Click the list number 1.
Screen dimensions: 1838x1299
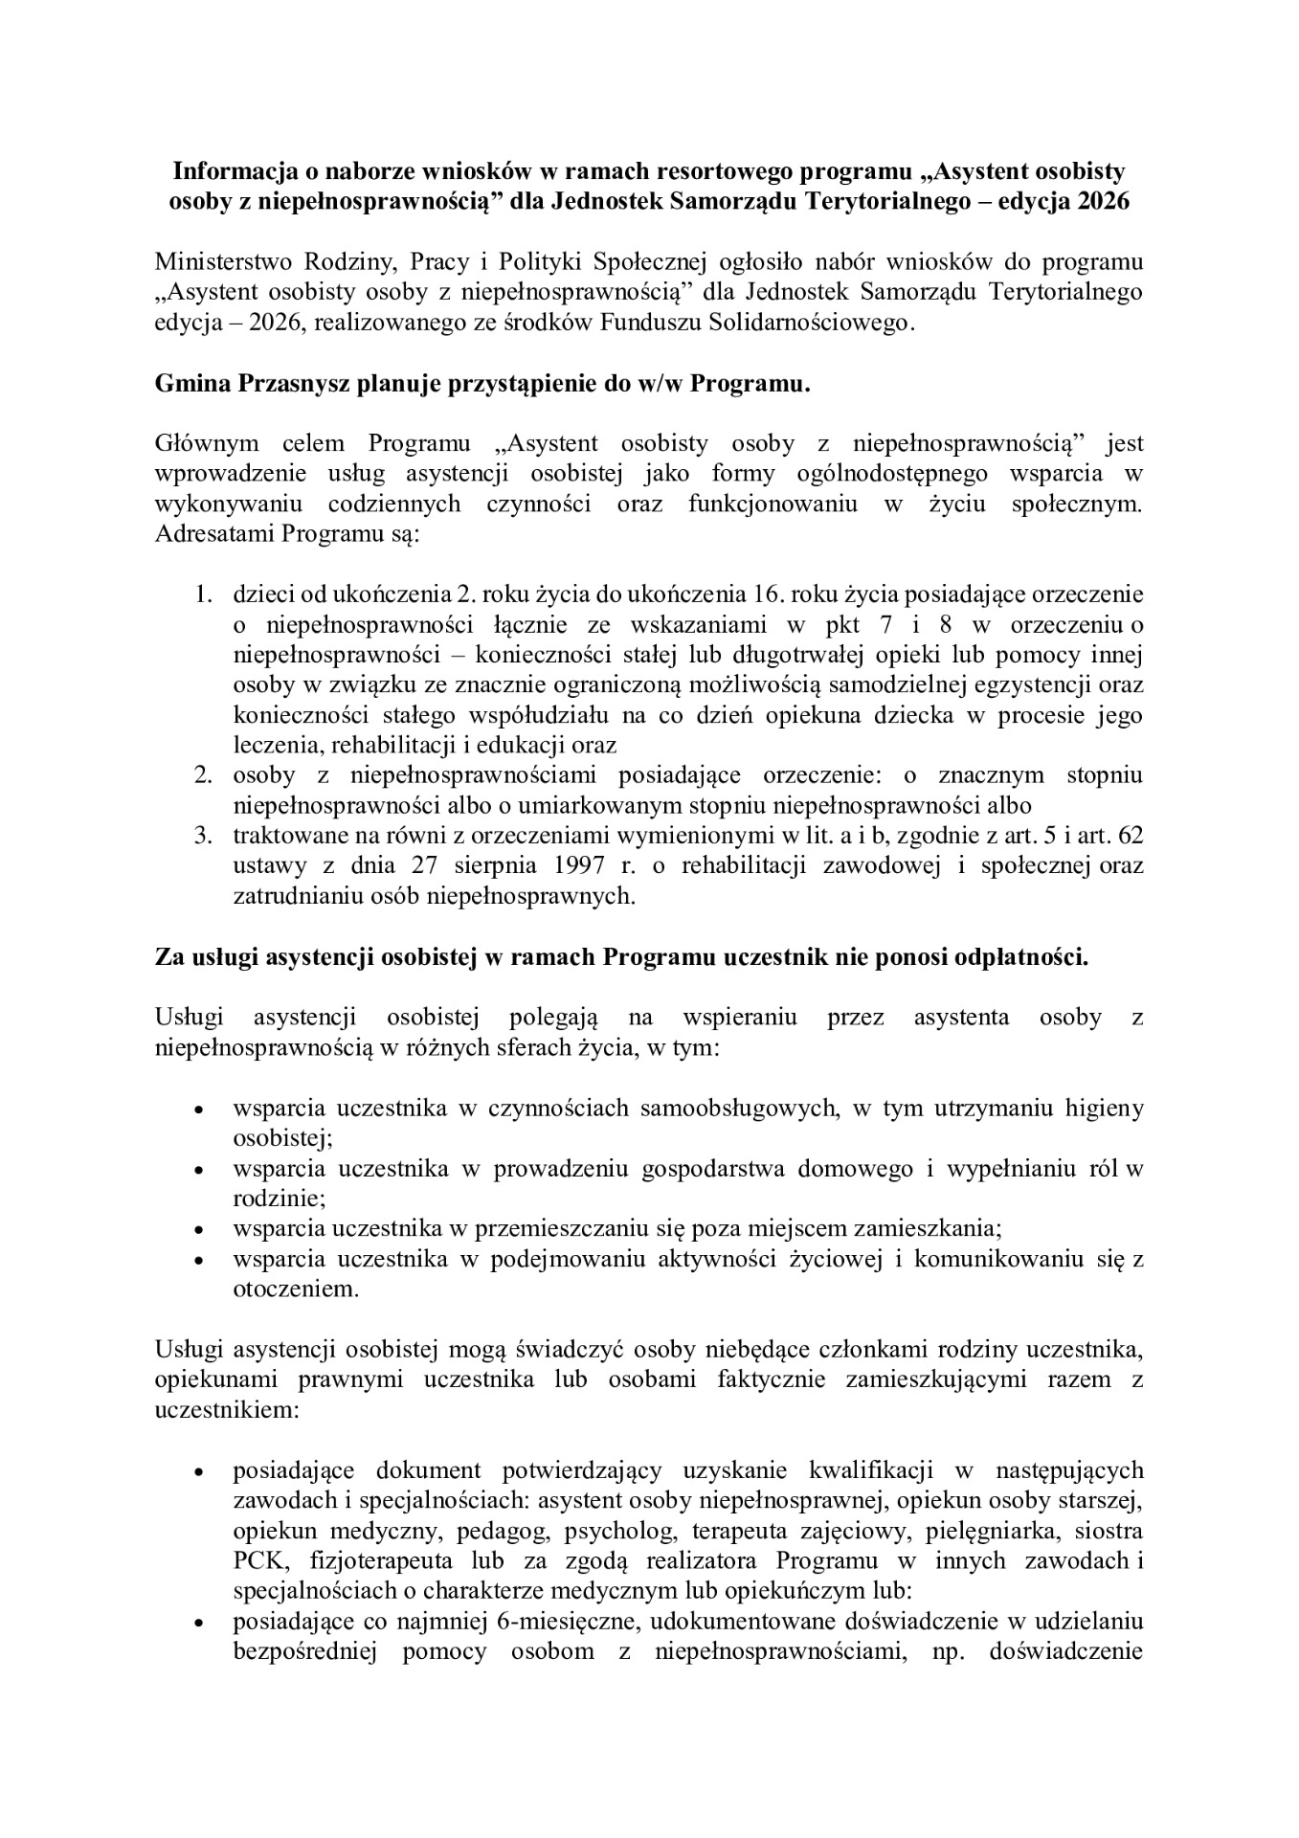[203, 594]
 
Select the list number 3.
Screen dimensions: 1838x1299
[203, 836]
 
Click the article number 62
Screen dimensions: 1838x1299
[1131, 836]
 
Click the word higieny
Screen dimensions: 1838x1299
[1105, 1109]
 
